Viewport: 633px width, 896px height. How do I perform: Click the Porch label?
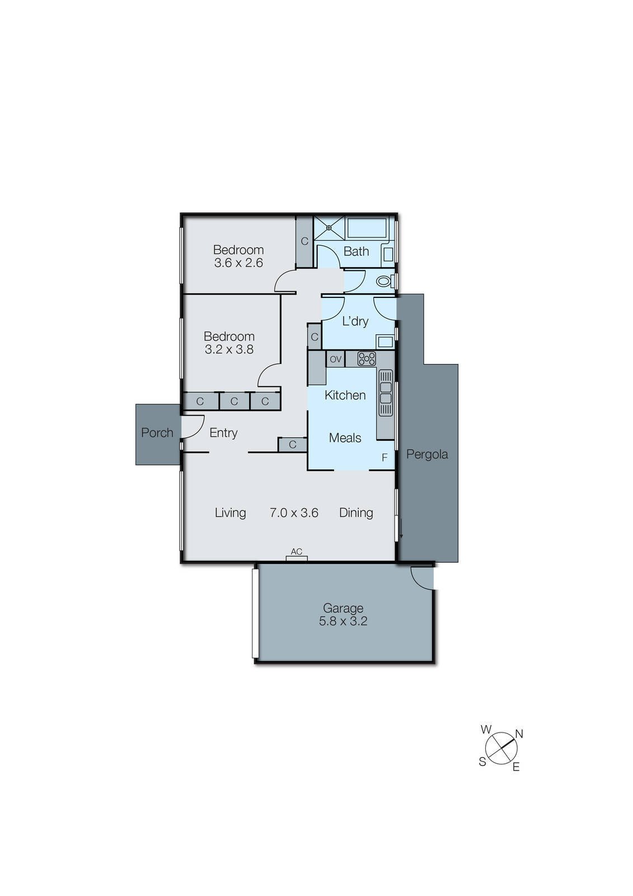pyautogui.click(x=157, y=433)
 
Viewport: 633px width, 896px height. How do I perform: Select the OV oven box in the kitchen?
pyautogui.click(x=335, y=359)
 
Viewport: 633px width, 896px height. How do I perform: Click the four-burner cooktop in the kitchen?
pyautogui.click(x=366, y=359)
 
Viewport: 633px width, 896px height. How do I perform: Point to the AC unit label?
pyautogui.click(x=296, y=552)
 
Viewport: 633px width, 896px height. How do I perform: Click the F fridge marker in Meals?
pyautogui.click(x=385, y=458)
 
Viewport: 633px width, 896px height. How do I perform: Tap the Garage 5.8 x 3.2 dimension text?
pyautogui.click(x=343, y=621)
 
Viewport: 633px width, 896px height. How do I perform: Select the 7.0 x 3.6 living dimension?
pyautogui.click(x=294, y=513)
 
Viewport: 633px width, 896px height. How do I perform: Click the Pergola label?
pyautogui.click(x=427, y=454)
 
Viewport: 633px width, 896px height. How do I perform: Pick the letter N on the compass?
pyautogui.click(x=519, y=734)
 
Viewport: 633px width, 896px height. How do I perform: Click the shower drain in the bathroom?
pyautogui.click(x=329, y=227)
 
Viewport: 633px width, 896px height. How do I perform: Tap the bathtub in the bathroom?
pyautogui.click(x=367, y=228)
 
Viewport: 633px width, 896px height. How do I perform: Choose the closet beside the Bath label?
pyautogui.click(x=304, y=241)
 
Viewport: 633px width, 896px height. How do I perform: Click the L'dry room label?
pyautogui.click(x=355, y=321)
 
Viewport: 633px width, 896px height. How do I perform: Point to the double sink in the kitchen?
pyautogui.click(x=386, y=393)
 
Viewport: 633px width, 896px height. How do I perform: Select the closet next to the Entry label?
pyautogui.click(x=293, y=445)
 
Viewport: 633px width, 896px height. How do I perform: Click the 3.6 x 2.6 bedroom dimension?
pyautogui.click(x=238, y=263)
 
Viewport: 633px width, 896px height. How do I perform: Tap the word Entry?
pyautogui.click(x=223, y=433)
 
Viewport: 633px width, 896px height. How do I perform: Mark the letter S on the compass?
pyautogui.click(x=482, y=762)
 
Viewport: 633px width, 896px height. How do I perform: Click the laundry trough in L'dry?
pyautogui.click(x=386, y=342)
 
